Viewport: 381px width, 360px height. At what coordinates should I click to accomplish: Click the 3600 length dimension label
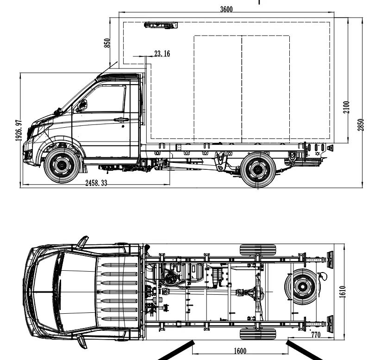(x=226, y=9)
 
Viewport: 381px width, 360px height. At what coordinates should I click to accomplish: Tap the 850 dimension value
(x=107, y=43)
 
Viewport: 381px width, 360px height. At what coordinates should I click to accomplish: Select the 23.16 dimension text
(x=162, y=53)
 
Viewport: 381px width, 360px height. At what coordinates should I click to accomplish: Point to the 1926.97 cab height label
(x=19, y=130)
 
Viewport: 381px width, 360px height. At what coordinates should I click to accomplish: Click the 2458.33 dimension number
(x=96, y=183)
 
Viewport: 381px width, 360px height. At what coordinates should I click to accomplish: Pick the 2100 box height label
(x=346, y=107)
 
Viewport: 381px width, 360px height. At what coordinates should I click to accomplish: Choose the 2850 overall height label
(x=361, y=125)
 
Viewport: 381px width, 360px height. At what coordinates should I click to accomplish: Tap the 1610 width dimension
(x=342, y=292)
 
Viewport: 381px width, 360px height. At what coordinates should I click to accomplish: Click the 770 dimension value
(x=316, y=335)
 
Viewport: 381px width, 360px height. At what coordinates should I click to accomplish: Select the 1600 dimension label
(x=240, y=351)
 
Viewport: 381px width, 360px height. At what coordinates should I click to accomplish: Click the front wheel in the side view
(x=62, y=165)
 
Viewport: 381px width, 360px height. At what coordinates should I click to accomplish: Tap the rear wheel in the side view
(x=258, y=170)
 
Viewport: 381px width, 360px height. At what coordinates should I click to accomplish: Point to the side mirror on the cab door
(x=82, y=106)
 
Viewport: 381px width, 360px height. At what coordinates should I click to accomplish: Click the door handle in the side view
(x=121, y=119)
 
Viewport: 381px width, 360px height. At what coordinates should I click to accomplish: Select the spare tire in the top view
(x=302, y=286)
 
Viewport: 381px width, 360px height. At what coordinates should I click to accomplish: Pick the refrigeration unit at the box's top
(x=161, y=25)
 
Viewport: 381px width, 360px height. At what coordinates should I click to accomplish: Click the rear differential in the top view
(x=257, y=292)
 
